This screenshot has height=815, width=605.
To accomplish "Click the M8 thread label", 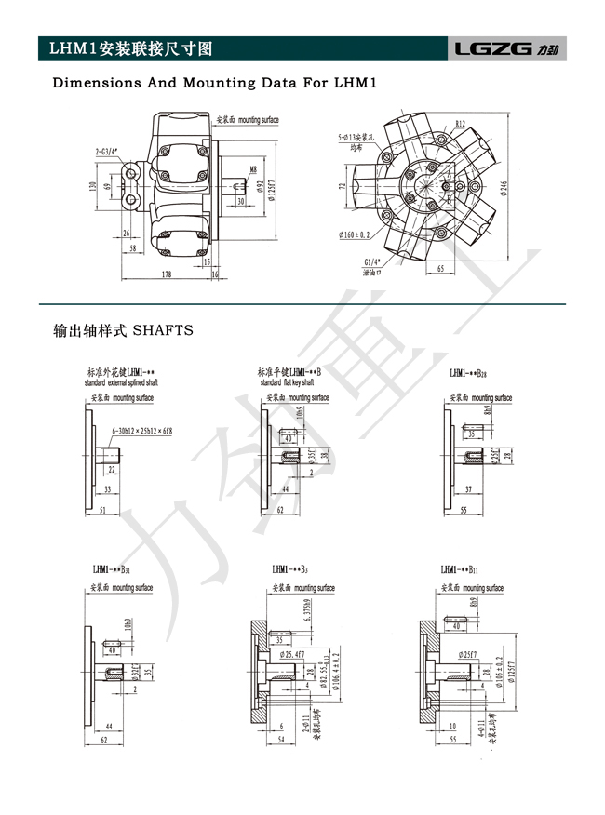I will [253, 169].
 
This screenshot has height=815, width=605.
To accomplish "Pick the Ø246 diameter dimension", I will [504, 187].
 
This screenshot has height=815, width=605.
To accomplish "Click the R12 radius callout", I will [461, 123].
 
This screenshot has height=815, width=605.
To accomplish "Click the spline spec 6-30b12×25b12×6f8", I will [142, 432].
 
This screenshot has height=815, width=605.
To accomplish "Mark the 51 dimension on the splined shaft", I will [101, 510].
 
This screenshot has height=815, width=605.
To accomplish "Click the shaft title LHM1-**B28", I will [468, 373].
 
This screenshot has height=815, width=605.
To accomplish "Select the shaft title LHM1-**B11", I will [460, 568].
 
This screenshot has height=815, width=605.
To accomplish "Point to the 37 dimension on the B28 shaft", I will [467, 488].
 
